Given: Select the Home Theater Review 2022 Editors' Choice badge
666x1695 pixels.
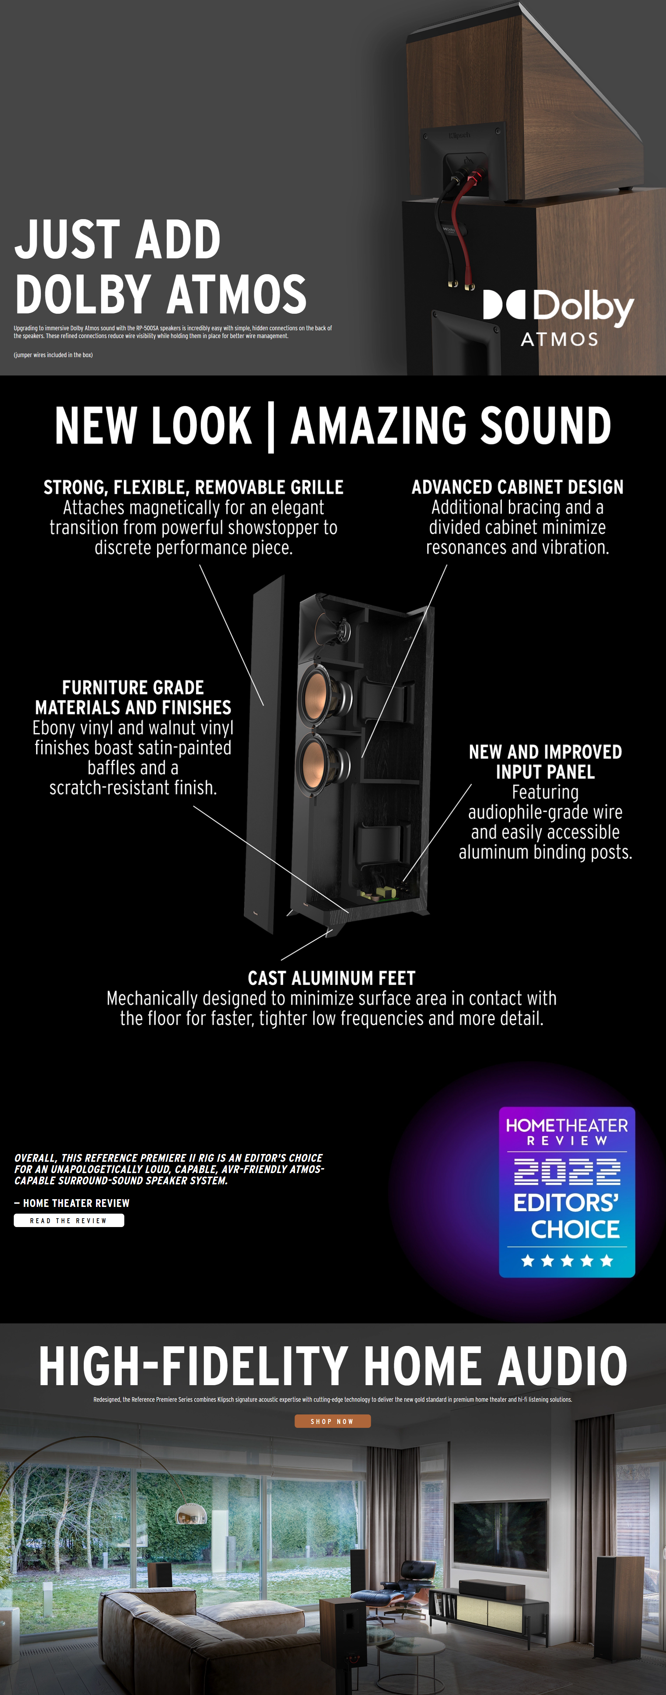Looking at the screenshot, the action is pyautogui.click(x=567, y=1192).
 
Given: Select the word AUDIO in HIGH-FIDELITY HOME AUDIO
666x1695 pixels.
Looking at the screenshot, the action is pyautogui.click(x=562, y=1367).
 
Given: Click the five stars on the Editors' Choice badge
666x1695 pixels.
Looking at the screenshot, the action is pyautogui.click(x=567, y=1261).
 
